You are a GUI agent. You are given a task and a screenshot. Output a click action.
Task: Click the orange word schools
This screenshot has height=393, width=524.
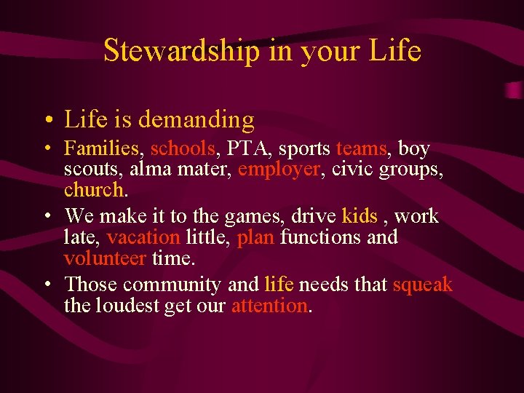(183, 149)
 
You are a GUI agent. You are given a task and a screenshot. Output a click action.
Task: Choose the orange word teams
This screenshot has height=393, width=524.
(361, 149)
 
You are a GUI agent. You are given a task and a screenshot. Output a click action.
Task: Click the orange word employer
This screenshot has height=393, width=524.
(279, 170)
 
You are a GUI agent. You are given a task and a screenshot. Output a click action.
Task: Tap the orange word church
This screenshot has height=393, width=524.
(95, 190)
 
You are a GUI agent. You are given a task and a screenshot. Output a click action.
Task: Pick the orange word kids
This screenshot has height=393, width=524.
(360, 216)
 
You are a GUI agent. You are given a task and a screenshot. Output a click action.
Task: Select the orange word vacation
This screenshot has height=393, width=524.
(143, 237)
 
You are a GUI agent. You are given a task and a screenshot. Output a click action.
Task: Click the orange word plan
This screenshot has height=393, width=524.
(256, 237)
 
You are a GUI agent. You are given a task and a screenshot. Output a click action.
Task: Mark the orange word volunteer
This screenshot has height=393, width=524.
(106, 258)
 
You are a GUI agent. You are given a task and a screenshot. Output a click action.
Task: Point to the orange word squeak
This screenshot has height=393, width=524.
(422, 285)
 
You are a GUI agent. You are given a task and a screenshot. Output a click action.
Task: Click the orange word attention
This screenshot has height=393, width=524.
(270, 306)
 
